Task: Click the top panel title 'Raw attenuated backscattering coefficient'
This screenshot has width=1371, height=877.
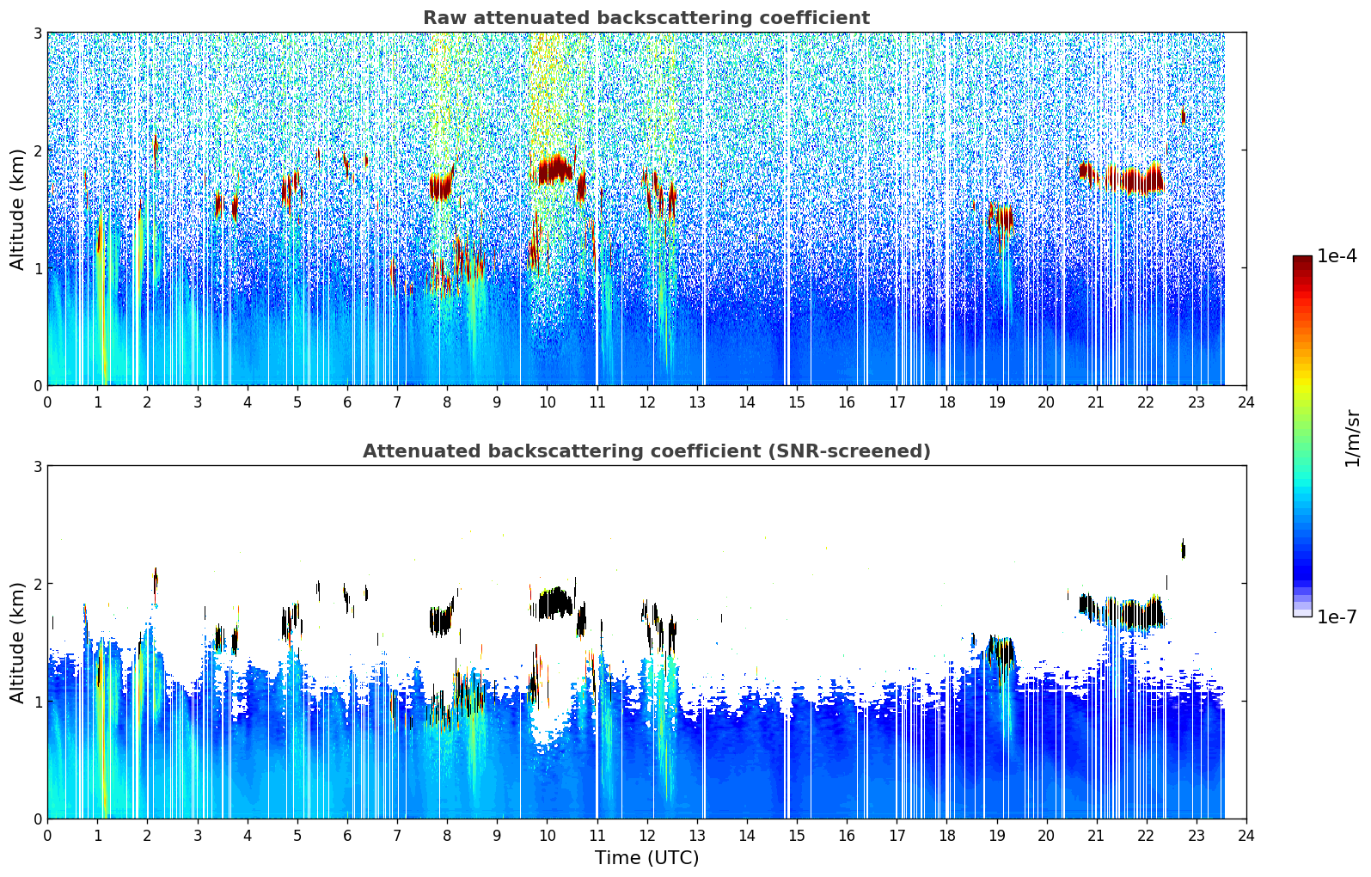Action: [646, 18]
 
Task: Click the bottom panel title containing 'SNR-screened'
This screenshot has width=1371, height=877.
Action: [646, 451]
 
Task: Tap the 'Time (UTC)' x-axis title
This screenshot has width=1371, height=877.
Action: [646, 857]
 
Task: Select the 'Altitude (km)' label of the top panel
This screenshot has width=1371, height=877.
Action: [18, 209]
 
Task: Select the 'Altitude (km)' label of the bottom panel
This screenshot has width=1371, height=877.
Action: [18, 642]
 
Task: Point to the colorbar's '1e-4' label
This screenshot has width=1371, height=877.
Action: [1337, 256]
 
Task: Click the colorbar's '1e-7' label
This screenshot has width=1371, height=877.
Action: [1337, 616]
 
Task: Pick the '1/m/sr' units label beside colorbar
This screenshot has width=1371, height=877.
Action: [1352, 438]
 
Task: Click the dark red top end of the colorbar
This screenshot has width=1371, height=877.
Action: [1301, 260]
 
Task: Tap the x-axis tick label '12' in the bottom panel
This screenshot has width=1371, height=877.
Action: [646, 836]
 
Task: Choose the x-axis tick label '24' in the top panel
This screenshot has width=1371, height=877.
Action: [1246, 402]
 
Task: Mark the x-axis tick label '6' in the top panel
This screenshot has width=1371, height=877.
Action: [347, 402]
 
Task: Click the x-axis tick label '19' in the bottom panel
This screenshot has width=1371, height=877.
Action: [996, 836]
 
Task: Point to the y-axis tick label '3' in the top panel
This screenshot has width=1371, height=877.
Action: [38, 33]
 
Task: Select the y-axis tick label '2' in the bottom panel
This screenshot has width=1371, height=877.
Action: [38, 584]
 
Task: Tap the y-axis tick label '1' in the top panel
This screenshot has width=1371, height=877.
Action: [38, 268]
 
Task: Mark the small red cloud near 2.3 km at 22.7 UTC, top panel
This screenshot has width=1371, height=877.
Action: [1183, 115]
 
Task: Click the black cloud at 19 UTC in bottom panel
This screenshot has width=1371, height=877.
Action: [999, 651]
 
